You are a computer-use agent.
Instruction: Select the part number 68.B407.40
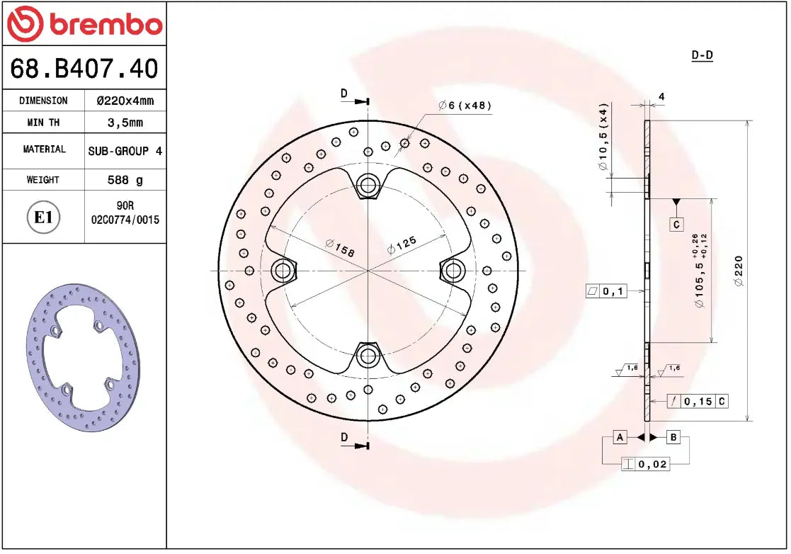(84, 69)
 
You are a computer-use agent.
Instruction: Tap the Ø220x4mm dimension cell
(125, 101)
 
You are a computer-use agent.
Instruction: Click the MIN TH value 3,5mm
(125, 123)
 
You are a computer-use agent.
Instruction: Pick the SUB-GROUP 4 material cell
(125, 151)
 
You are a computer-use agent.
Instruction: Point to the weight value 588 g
(125, 180)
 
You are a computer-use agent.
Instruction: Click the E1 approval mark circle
(44, 217)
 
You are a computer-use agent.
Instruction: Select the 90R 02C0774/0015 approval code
(125, 213)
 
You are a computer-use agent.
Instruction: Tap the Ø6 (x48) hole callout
(464, 106)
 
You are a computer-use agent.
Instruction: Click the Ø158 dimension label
(339, 247)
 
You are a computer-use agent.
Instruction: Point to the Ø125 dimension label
(402, 244)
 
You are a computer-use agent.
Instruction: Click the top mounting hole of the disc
(368, 186)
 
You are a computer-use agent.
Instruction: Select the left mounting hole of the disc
(283, 270)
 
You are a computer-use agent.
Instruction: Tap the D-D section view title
(701, 55)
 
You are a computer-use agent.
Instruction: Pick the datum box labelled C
(676, 225)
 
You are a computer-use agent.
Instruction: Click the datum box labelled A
(620, 437)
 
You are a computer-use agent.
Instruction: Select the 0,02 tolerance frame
(644, 465)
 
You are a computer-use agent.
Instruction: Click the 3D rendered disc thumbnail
(83, 358)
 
